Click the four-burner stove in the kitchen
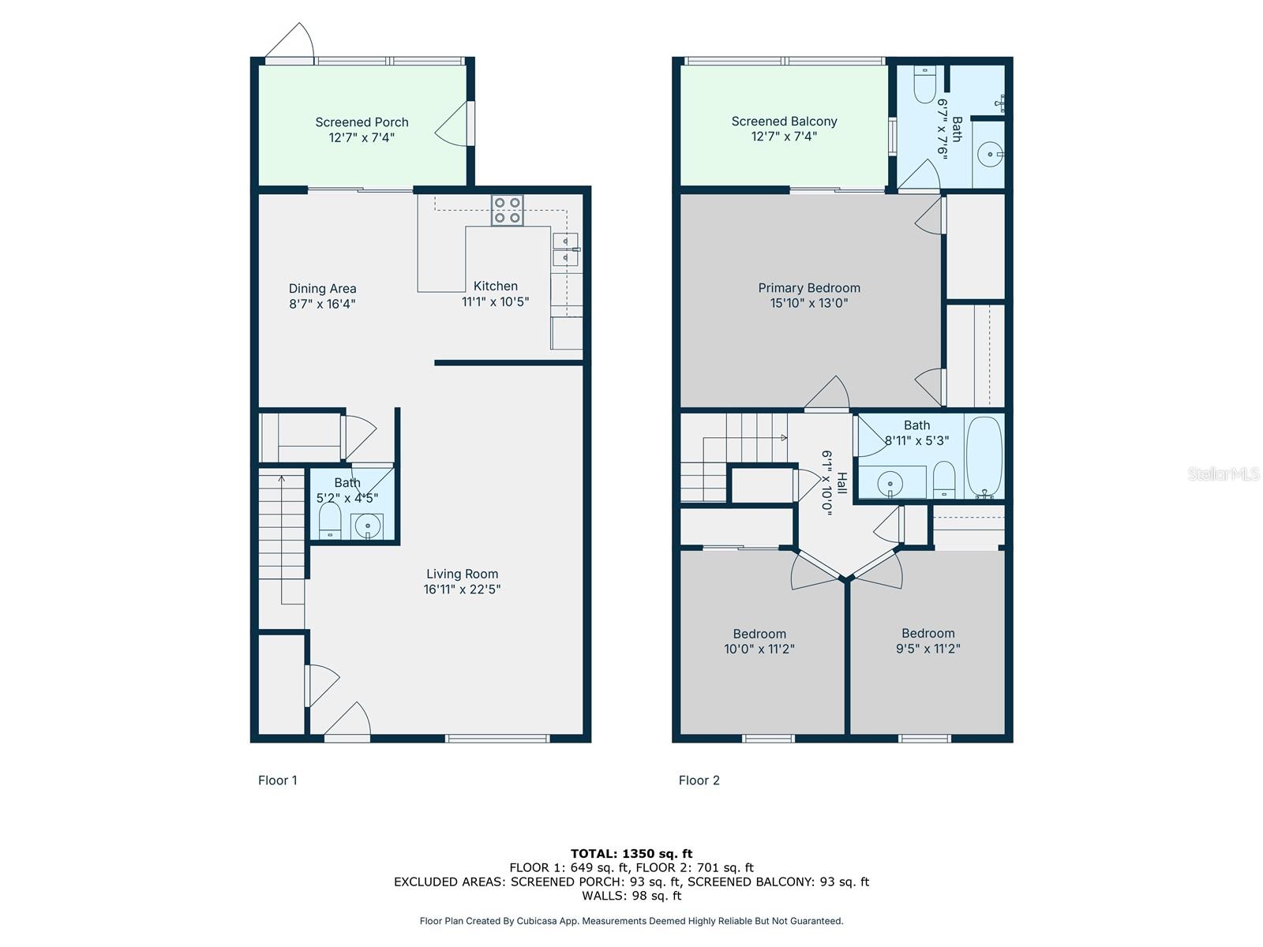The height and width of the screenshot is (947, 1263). click(x=507, y=210)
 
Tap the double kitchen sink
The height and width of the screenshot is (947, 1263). click(x=565, y=249)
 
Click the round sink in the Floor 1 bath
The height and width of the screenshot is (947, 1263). click(x=366, y=525)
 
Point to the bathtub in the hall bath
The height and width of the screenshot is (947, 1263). click(x=984, y=458)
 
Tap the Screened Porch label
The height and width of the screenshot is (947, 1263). click(x=362, y=122)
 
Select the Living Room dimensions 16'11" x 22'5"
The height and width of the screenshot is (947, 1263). click(x=462, y=590)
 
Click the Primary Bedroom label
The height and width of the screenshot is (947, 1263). click(x=809, y=288)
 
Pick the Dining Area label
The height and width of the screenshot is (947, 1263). click(x=322, y=289)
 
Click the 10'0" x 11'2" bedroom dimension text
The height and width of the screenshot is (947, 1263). click(x=759, y=649)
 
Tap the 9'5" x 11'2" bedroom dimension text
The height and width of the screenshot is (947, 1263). click(x=928, y=649)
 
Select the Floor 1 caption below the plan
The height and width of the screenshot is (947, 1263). click(x=277, y=780)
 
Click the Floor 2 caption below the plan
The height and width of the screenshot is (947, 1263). click(x=699, y=780)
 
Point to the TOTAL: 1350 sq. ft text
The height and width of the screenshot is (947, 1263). click(x=631, y=853)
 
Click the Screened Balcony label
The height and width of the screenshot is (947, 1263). click(x=784, y=122)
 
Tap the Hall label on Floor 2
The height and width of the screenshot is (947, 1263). click(x=842, y=483)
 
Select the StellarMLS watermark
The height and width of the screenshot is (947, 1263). click(x=1224, y=473)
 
